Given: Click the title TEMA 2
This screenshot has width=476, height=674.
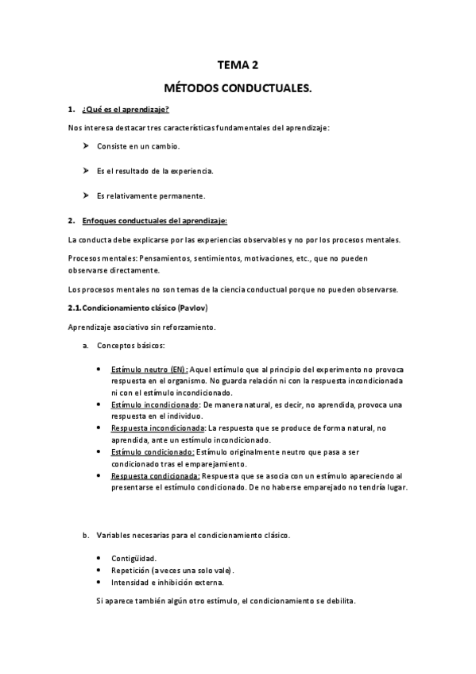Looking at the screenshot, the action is point(238,67).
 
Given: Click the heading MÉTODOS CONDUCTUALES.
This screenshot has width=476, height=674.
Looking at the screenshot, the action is point(238,91).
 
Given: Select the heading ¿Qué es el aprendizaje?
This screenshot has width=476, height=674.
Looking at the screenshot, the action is point(126,109).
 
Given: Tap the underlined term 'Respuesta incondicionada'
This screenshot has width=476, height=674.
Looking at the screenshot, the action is point(157,428).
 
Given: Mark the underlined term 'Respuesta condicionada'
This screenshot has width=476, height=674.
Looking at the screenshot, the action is point(155,475).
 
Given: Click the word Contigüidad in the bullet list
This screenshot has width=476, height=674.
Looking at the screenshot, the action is point(134,558).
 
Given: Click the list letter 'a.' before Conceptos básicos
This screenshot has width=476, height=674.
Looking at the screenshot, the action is point(86,346).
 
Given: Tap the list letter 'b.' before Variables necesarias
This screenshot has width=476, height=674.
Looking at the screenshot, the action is point(86,535).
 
